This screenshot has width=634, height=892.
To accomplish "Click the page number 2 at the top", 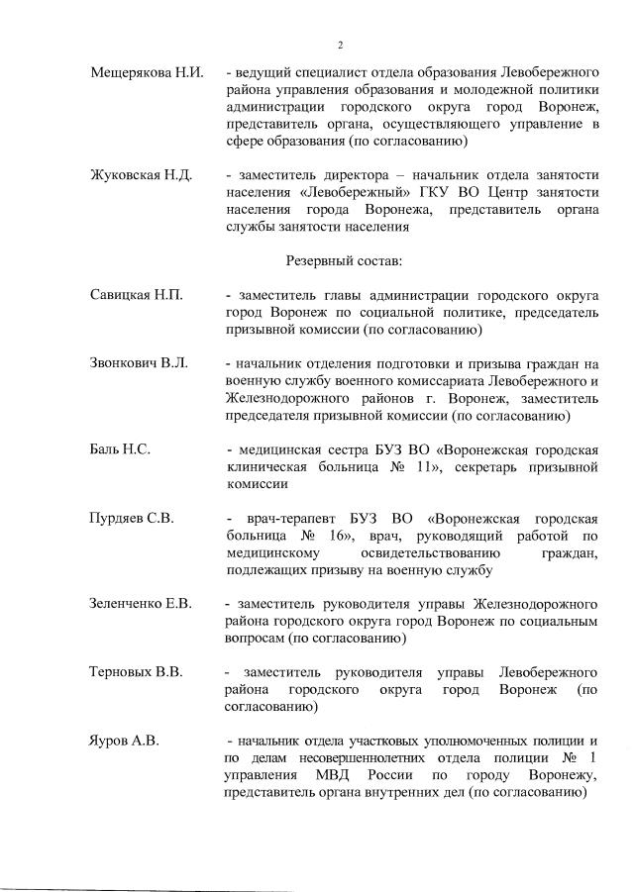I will pyautogui.click(x=339, y=44).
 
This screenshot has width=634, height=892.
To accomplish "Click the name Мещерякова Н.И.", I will pyautogui.click(x=146, y=74).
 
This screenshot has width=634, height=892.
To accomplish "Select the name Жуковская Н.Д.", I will pyautogui.click(x=141, y=175).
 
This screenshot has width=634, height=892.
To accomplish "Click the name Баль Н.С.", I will pyautogui.click(x=120, y=449).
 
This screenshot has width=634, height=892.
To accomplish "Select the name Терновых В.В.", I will pyautogui.click(x=136, y=672).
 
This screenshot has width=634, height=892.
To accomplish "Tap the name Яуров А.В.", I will pyautogui.click(x=124, y=741).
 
